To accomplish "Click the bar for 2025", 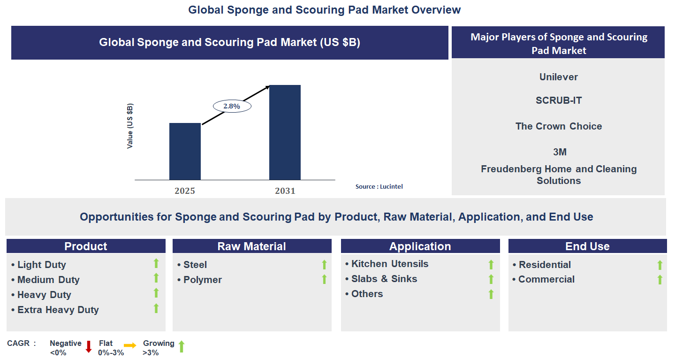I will click(185, 151).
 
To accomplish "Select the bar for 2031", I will click(285, 132).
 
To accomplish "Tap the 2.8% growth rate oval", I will click(232, 107).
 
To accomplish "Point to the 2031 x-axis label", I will click(285, 191).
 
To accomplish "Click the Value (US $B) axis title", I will click(130, 126).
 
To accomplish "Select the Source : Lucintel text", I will click(379, 186).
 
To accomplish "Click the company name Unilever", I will click(558, 77).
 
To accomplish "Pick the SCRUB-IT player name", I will click(558, 100).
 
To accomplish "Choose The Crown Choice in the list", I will click(558, 126).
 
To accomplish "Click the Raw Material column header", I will click(251, 246).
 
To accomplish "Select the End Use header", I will click(587, 246).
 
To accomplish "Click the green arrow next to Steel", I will click(324, 265).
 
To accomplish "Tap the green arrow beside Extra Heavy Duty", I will click(156, 308).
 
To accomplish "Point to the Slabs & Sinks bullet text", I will click(384, 279).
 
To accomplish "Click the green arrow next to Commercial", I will click(660, 280).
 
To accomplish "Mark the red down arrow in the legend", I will click(89, 347).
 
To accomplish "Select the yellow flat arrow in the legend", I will click(130, 345).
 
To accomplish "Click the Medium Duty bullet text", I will click(48, 280).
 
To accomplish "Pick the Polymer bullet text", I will click(202, 280).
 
